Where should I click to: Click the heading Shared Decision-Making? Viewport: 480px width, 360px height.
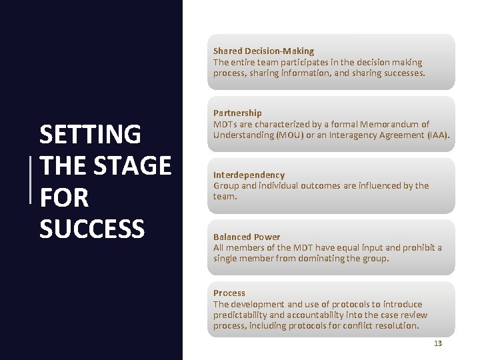click(x=263, y=51)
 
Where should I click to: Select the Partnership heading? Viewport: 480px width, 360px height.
click(x=237, y=113)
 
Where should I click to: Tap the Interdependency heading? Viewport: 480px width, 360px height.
click(x=249, y=175)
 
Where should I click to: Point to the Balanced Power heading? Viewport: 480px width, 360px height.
click(x=247, y=237)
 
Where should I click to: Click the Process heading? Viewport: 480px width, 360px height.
click(x=229, y=293)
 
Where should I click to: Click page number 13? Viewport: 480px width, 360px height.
click(x=437, y=343)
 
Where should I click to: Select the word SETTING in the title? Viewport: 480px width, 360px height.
click(x=90, y=135)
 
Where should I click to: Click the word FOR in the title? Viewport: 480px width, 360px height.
click(x=64, y=197)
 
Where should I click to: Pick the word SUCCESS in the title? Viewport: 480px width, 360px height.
click(x=92, y=229)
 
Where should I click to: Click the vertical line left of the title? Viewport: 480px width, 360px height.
click(x=31, y=179)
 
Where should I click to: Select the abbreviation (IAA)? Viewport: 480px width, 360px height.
click(x=438, y=135)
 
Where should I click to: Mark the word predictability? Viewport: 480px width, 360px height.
click(x=239, y=315)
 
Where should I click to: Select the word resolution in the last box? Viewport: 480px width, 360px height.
click(x=397, y=326)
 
